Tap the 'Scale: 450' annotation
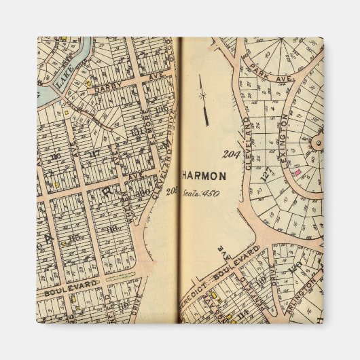click(197, 193)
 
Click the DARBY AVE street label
click(107, 89)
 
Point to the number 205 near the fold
click(171, 190)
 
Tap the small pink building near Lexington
click(298, 173)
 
